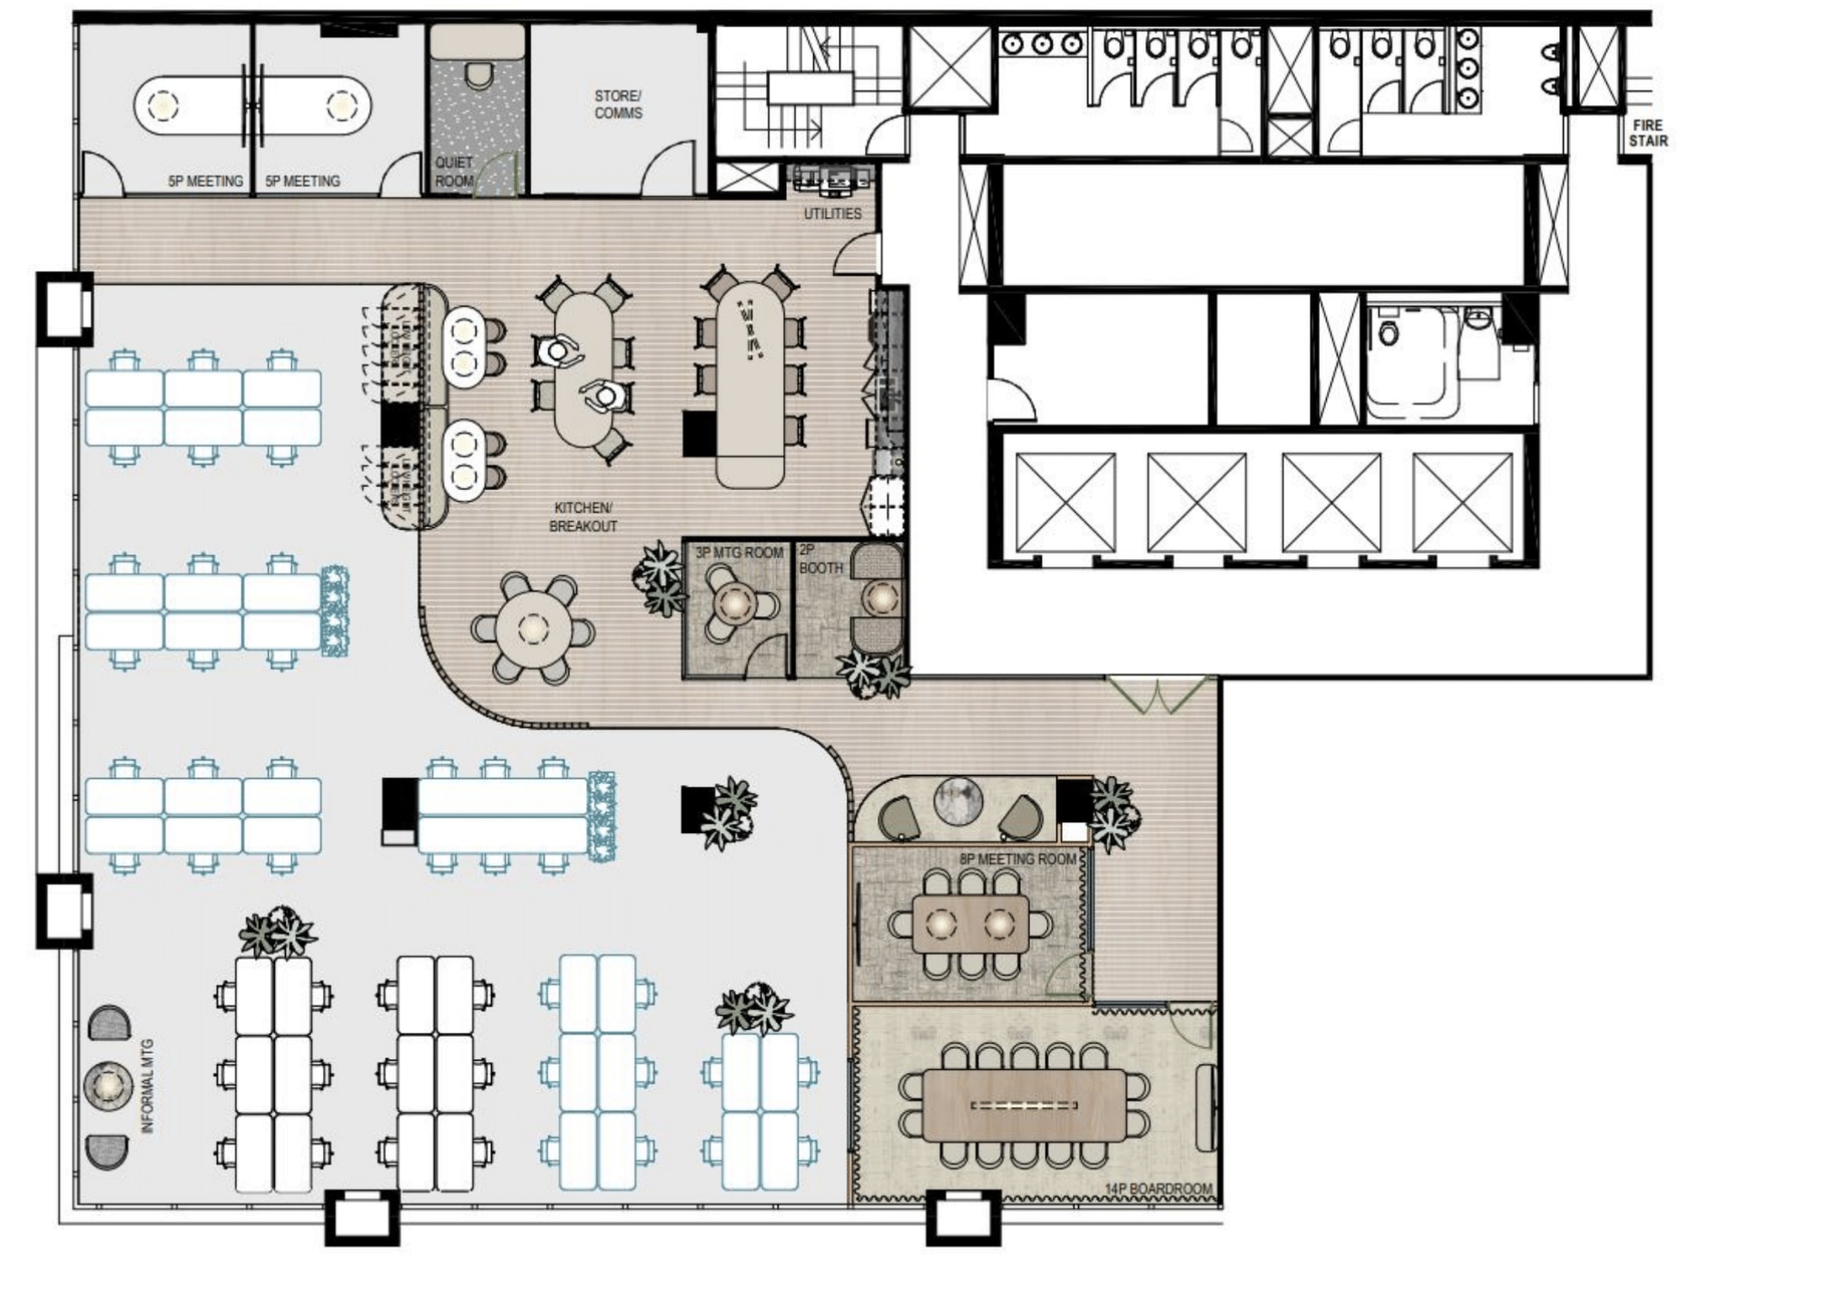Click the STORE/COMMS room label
click(618, 105)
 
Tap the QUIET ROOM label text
click(453, 172)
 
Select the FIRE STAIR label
click(1647, 134)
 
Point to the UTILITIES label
click(832, 213)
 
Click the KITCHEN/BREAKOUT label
click(582, 516)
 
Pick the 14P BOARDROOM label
click(1158, 1189)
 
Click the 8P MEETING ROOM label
click(1018, 858)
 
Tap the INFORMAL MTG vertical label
click(148, 1086)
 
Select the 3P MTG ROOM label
click(739, 553)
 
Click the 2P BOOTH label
click(820, 560)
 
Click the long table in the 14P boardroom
click(1024, 1105)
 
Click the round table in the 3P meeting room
click(734, 600)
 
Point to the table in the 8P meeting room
click(970, 923)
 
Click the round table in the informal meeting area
click(108, 1084)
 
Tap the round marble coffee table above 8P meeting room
click(959, 802)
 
